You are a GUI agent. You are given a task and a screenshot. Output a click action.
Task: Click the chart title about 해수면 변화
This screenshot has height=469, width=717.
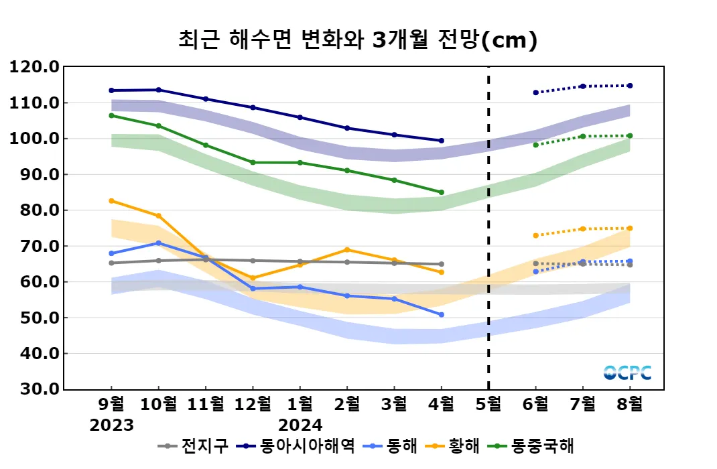pos(358,40)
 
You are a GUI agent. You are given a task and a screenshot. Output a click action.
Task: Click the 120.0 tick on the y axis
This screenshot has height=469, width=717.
pos(34,67)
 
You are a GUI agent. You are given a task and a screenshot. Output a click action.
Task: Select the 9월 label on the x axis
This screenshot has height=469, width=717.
pos(111,405)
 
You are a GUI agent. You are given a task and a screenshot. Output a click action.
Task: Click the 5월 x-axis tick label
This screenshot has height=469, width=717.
pos(488,405)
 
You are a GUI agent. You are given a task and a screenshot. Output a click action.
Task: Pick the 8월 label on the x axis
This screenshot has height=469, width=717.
pos(630,405)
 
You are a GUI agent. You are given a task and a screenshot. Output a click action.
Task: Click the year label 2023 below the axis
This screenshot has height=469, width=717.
pos(111,425)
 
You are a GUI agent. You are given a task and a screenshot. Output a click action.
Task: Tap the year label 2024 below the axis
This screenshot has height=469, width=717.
pos(300,425)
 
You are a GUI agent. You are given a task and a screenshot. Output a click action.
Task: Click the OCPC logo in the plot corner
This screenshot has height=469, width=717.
pos(627,373)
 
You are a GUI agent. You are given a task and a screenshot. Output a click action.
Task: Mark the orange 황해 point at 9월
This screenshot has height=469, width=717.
pos(111,201)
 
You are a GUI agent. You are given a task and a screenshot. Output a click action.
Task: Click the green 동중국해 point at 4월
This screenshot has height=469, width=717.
pos(441,192)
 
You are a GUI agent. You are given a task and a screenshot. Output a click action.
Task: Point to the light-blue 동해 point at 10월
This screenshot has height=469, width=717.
pos(158,243)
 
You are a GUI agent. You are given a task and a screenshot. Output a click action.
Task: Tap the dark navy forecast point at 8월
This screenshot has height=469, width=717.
pos(630,86)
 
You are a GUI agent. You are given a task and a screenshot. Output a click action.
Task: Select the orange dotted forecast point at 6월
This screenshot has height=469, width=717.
pos(535,235)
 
